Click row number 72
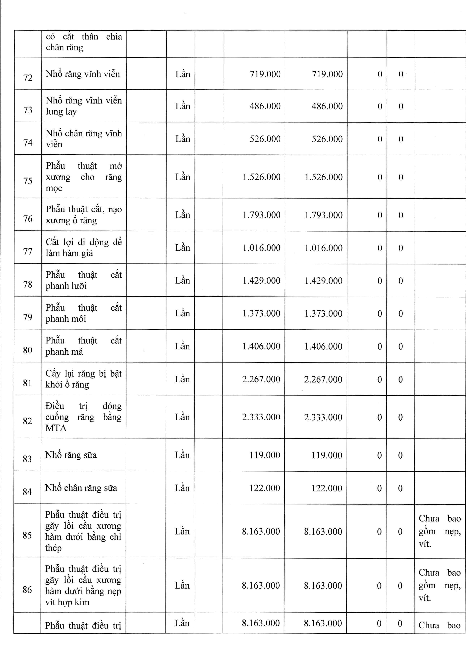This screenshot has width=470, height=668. [28, 78]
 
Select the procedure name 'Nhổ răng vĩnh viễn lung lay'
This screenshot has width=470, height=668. [84, 106]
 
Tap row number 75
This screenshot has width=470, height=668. [28, 181]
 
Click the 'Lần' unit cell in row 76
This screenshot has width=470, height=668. [183, 215]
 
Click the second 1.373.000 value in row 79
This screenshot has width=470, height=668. [323, 313]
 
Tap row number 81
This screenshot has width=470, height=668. [27, 383]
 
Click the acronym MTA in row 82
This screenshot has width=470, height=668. [56, 428]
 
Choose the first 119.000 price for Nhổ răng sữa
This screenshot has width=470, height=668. [265, 455]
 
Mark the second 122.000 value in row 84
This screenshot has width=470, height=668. [327, 488]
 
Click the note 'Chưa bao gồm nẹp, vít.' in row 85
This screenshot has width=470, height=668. [439, 531]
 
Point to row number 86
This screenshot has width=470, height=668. [27, 590]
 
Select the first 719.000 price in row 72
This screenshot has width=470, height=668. [265, 74]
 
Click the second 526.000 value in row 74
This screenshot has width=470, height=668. [327, 139]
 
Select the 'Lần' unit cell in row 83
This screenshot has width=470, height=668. [182, 455]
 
